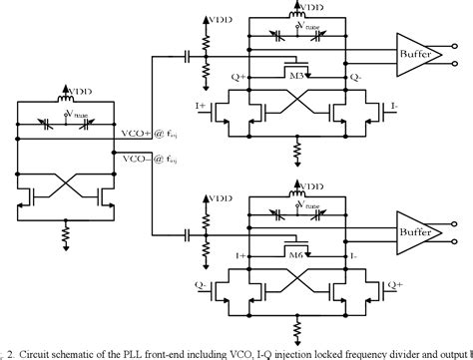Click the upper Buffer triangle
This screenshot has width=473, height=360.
click(x=412, y=54)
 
